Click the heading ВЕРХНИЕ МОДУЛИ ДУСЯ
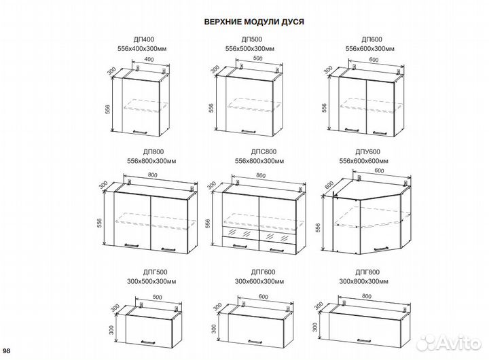click(254, 21)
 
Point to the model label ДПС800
click(254, 154)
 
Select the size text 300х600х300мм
click(254, 281)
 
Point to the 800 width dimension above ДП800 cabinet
click(152, 176)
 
